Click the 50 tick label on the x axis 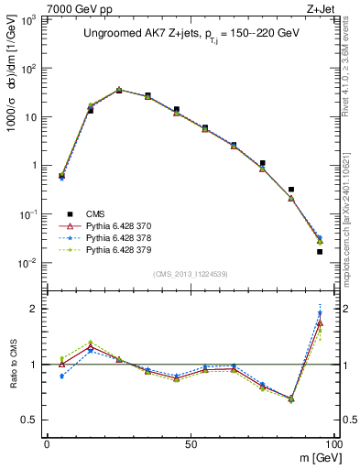coord(190,442)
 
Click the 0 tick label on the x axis coord(47,442)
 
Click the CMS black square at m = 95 coord(320,251)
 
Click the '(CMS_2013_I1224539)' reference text coord(190,273)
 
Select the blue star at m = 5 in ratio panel coord(61,376)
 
